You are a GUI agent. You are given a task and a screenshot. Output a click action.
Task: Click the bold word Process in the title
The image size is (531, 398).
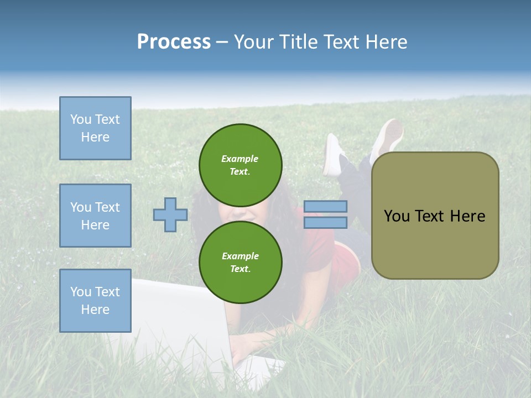174,42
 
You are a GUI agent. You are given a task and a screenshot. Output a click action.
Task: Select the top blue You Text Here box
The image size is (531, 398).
95,128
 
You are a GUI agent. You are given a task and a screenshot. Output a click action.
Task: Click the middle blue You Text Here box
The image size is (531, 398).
95,216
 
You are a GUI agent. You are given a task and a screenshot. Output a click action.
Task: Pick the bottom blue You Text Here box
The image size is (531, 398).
95,300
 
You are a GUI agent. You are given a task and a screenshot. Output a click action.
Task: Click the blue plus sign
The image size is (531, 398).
170,214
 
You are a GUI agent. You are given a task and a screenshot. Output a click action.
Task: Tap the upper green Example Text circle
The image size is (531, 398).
241,165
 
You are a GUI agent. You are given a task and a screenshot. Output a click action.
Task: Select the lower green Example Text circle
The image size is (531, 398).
241,262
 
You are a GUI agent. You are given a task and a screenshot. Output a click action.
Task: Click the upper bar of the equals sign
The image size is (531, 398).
325,206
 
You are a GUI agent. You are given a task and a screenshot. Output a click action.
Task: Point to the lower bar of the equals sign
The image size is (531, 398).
325,223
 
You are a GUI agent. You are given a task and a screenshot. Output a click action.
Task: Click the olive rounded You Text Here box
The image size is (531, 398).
435,215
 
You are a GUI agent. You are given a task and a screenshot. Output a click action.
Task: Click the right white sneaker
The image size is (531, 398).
388,138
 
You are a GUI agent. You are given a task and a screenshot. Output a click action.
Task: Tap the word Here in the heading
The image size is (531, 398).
386,42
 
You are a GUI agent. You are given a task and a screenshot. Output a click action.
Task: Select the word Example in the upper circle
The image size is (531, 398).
240,159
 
